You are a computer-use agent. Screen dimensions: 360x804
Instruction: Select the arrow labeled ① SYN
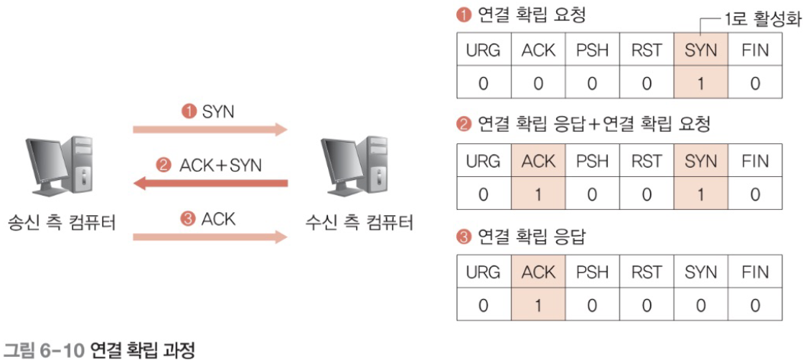[x=211, y=130]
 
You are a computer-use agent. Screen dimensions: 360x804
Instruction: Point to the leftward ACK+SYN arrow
[x=211, y=183]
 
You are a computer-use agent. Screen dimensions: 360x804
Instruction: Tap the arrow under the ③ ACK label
[x=211, y=237]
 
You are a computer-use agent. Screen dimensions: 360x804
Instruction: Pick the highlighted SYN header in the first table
[x=701, y=51]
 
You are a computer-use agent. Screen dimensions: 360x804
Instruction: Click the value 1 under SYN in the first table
[x=701, y=83]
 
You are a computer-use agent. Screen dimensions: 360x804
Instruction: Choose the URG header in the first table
[x=484, y=51]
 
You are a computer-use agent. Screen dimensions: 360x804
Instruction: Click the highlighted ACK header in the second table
[x=539, y=162]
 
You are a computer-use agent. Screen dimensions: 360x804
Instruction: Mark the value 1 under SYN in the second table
[x=701, y=194]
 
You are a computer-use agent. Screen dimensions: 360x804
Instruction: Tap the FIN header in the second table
[x=754, y=162]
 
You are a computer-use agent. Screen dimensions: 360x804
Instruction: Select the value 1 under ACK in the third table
[x=539, y=304]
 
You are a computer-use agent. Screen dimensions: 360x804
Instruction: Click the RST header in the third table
[x=647, y=272]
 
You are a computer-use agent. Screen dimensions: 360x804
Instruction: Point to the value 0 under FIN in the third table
[x=754, y=304]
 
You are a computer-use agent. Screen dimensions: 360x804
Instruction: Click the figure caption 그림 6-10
[x=46, y=351]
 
